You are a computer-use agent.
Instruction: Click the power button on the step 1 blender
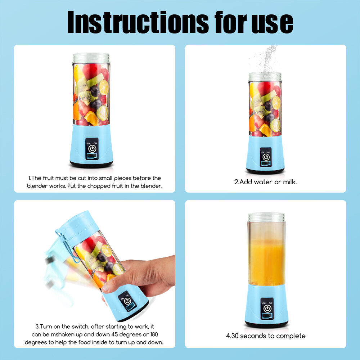coord(92,149)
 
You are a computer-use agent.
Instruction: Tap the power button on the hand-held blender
coord(127,301)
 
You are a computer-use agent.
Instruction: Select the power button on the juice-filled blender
coord(267,309)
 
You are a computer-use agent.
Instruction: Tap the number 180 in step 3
coord(154,334)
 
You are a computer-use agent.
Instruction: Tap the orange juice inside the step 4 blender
coord(266,262)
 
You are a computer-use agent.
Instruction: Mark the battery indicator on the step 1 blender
coord(92,157)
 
